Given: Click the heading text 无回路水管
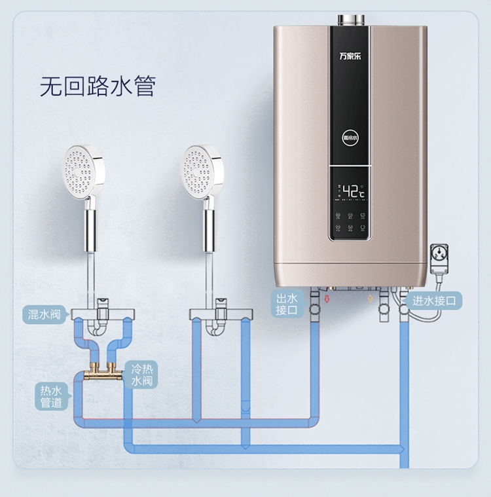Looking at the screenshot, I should [x=98, y=86].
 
